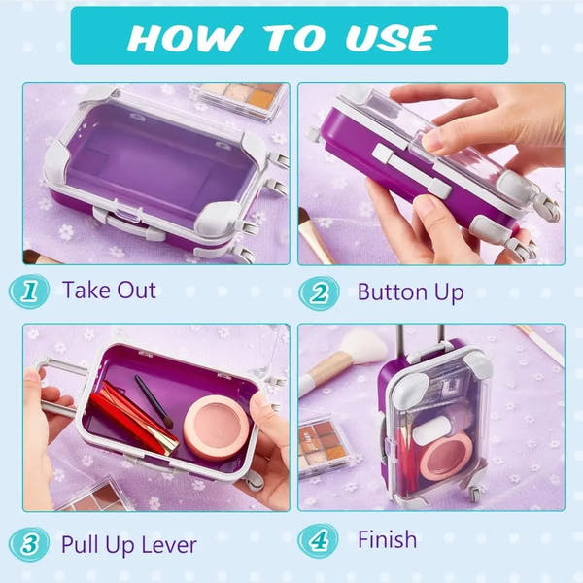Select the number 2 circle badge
coord(319,291)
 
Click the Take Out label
coord(109,290)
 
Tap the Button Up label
coord(410,291)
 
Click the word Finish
coord(387,539)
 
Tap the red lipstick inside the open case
coord(134,419)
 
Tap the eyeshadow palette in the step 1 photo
coord(243,98)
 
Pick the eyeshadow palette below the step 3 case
coord(95,497)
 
